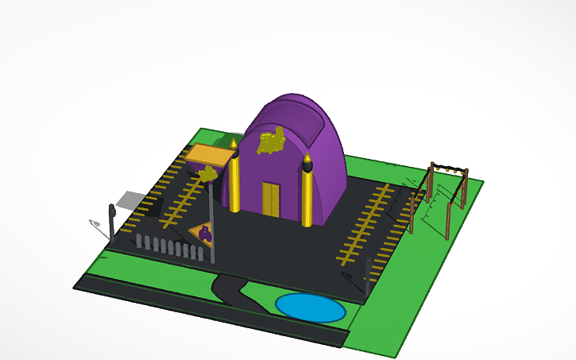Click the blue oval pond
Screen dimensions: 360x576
click(x=310, y=308)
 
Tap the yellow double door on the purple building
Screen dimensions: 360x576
click(x=272, y=199)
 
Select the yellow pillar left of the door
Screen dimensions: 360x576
click(x=235, y=184)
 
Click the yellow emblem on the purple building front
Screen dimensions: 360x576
click(x=272, y=142)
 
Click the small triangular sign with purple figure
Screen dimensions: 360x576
click(x=203, y=233)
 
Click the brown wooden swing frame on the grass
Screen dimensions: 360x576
click(x=441, y=195)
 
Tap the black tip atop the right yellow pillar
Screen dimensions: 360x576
click(x=307, y=165)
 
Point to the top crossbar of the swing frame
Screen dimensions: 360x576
click(x=447, y=168)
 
